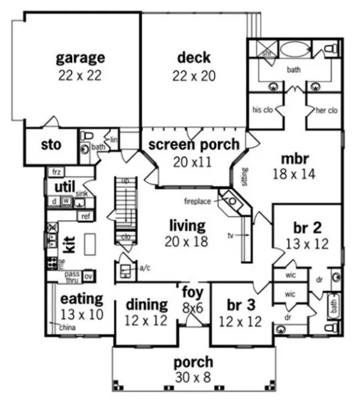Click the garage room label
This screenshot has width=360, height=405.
[81, 59]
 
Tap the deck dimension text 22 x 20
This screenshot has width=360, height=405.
[194, 76]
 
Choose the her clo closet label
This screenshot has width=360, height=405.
[323, 110]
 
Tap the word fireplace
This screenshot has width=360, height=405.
[198, 200]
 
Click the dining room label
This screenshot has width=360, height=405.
[146, 304]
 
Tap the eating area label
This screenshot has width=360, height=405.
[82, 299]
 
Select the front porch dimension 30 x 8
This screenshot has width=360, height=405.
[193, 378]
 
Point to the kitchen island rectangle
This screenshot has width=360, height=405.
[91, 244]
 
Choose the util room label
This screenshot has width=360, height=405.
[65, 186]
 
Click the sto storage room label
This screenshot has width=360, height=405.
[51, 146]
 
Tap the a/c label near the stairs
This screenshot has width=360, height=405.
[145, 267]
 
